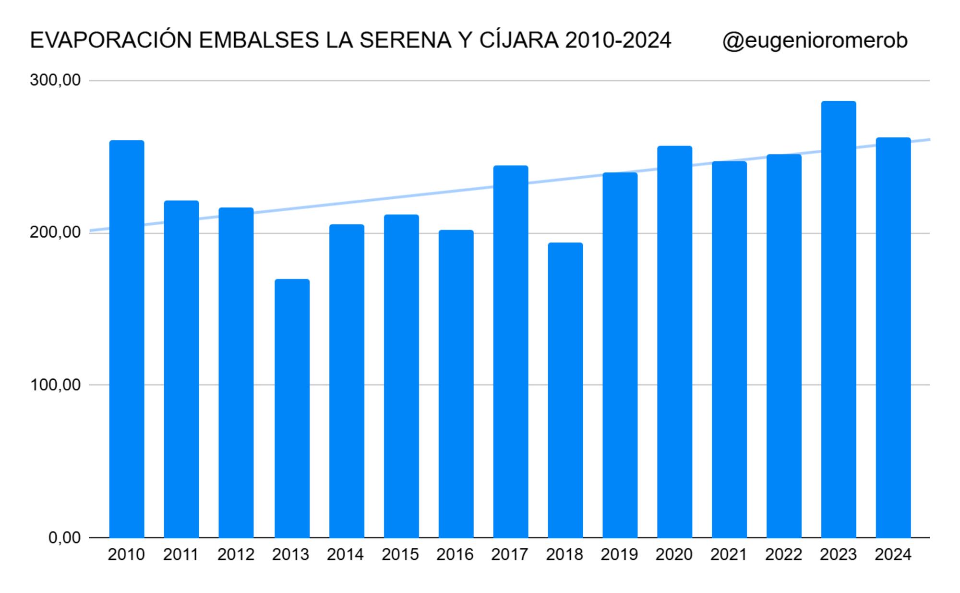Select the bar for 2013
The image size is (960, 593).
point(292,408)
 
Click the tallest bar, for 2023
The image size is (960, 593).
point(839,319)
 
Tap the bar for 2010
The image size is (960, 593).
point(127,339)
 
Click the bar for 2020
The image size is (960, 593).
point(674,341)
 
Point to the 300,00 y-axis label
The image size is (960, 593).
point(55,80)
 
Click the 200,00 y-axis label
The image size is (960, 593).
point(55,232)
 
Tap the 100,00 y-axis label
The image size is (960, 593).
point(55,385)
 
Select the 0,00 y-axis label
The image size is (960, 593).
point(64,537)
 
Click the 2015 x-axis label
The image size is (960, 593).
point(400,555)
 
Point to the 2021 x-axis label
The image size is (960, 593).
point(729,555)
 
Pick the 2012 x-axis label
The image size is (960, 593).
point(236,555)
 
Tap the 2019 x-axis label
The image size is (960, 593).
point(619,555)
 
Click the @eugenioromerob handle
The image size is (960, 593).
point(815,41)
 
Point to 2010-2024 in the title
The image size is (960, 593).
point(618,41)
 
